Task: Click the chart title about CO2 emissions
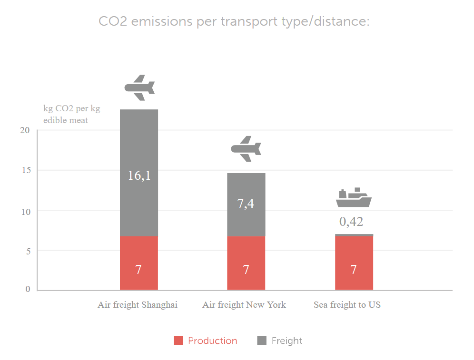[234, 22]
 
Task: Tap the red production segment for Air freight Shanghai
[138, 263]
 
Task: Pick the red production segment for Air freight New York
[246, 263]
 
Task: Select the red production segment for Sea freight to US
[354, 263]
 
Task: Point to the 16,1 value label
[139, 175]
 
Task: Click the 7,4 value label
[246, 204]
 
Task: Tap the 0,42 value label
[351, 222]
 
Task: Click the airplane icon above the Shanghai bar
[139, 88]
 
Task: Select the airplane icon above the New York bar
[246, 149]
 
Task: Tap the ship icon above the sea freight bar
[353, 198]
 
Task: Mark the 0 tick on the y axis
[28, 290]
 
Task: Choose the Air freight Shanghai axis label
[138, 305]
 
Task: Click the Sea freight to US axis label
[347, 305]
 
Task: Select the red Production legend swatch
[178, 341]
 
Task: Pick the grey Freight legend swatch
[262, 341]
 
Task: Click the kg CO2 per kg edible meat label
[71, 115]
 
